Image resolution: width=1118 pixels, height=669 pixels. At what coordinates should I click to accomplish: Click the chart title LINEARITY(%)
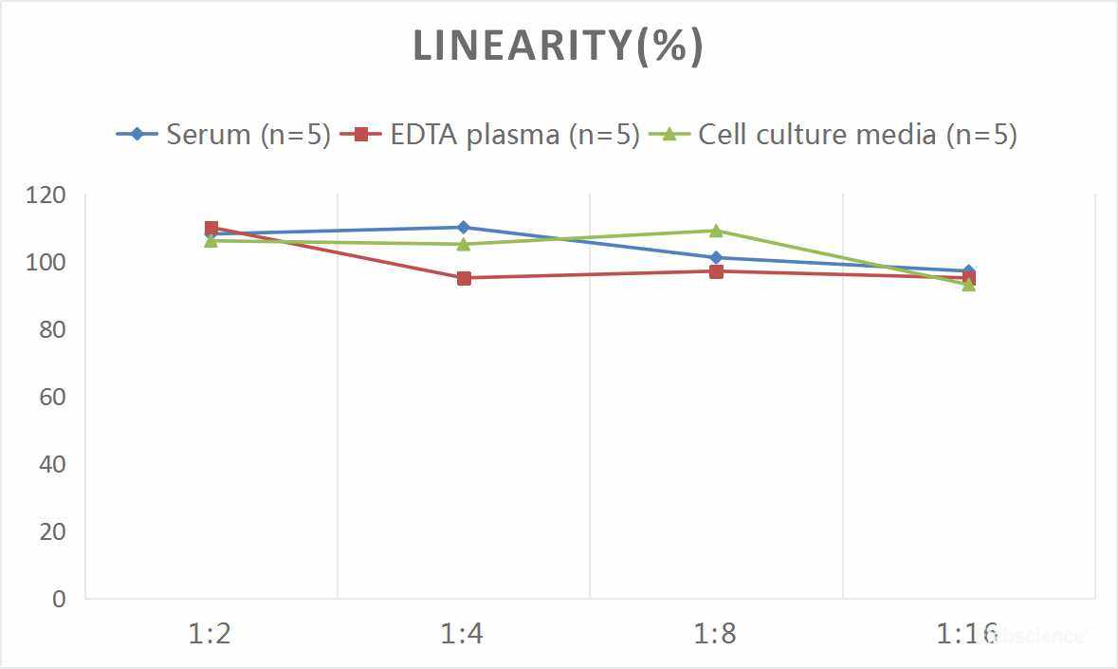pyautogui.click(x=559, y=46)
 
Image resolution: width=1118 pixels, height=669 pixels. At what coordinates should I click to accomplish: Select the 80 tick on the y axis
pyautogui.click(x=52, y=329)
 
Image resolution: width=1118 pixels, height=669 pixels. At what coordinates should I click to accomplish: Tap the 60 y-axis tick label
pyautogui.click(x=52, y=397)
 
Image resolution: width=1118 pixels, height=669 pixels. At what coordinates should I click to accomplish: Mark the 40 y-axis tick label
pyautogui.click(x=52, y=464)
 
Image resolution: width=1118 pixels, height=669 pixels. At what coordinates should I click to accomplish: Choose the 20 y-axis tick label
pyautogui.click(x=52, y=531)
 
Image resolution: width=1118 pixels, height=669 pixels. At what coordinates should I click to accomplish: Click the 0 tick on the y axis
pyautogui.click(x=60, y=599)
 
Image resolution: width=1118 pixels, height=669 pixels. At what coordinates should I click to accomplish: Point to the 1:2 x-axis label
pyautogui.click(x=211, y=633)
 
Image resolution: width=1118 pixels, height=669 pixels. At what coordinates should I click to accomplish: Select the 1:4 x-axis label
pyautogui.click(x=463, y=633)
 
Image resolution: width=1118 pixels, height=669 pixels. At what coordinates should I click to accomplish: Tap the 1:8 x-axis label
pyautogui.click(x=715, y=633)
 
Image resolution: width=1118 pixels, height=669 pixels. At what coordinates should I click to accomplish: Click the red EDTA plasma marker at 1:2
pyautogui.click(x=211, y=229)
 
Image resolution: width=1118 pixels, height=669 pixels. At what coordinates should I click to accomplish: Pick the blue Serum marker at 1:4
pyautogui.click(x=463, y=228)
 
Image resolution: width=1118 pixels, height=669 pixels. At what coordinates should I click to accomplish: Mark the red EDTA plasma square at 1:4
pyautogui.click(x=463, y=278)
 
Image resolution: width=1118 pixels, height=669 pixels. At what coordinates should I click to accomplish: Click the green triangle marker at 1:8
pyautogui.click(x=716, y=231)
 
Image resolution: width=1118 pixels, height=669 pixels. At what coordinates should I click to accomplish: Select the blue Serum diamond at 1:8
pyautogui.click(x=716, y=258)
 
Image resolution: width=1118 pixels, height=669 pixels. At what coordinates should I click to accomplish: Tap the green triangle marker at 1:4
pyautogui.click(x=463, y=244)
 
